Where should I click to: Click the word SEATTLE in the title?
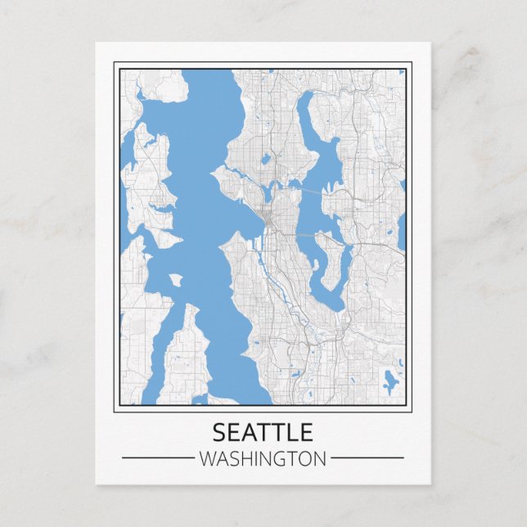coord(263,431)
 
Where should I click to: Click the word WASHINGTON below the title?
coord(263,458)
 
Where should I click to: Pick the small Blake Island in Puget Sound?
coord(175,280)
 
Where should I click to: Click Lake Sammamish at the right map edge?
coord(402,229)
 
